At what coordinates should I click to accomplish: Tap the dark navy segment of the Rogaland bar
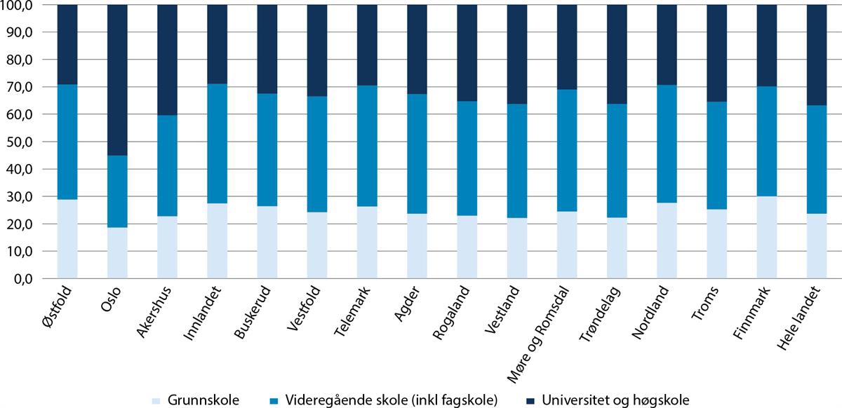467,53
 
